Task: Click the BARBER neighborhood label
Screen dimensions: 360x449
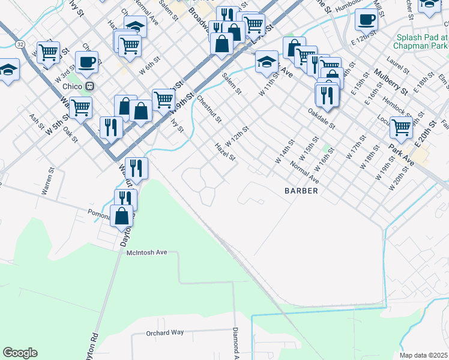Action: coord(300,190)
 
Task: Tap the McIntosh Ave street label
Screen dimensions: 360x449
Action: coord(146,253)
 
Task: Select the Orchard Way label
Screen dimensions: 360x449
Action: coord(165,332)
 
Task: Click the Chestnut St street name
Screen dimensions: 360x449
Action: coord(209,109)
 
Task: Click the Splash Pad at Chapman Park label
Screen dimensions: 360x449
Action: coord(421,41)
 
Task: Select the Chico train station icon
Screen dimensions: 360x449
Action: coord(90,86)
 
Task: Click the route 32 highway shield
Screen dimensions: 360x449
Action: coord(20,44)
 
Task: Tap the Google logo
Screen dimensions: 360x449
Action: coord(20,352)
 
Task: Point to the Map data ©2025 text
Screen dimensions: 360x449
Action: coord(424,355)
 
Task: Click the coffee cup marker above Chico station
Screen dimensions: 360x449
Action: coord(86,61)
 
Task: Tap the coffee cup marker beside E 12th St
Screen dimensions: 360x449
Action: coord(366,19)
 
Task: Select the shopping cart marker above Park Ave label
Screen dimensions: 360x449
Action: coord(401,127)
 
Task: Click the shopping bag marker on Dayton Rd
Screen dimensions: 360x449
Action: coord(122,215)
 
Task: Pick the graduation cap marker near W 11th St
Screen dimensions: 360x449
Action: coord(267,61)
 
